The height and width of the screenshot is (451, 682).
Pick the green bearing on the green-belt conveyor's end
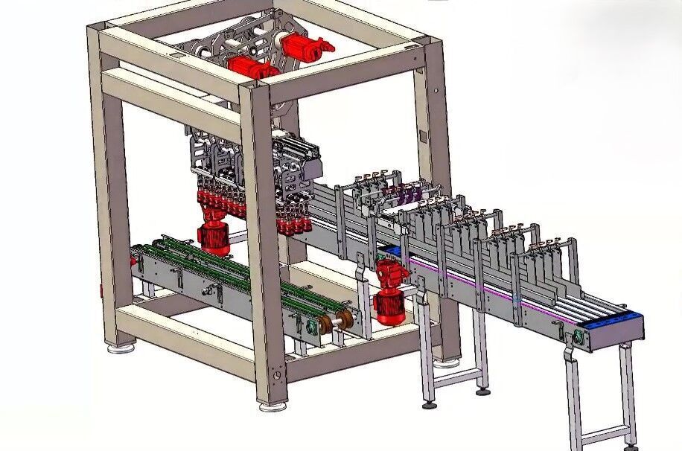(303, 327)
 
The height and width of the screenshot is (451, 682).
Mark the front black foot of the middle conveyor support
(430, 406)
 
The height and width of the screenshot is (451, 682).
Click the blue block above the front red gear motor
(392, 251)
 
